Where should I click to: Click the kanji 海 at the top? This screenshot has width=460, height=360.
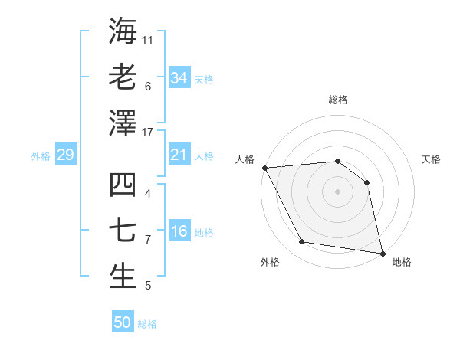pyautogui.click(x=123, y=31)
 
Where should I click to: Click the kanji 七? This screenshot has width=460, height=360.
pyautogui.click(x=123, y=231)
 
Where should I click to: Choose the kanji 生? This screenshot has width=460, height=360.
pyautogui.click(x=123, y=277)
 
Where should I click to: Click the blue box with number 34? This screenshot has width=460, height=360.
pyautogui.click(x=179, y=77)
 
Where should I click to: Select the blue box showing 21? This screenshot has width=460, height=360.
pyautogui.click(x=179, y=155)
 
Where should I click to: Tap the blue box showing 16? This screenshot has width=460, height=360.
pyautogui.click(x=179, y=232)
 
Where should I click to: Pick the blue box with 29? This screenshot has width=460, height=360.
pyautogui.click(x=65, y=155)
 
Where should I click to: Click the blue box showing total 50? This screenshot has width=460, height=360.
pyautogui.click(x=122, y=322)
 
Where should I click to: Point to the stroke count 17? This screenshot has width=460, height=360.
pyautogui.click(x=149, y=133)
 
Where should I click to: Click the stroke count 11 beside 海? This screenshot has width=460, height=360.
pyautogui.click(x=148, y=38)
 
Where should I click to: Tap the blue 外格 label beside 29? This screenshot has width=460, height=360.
pyautogui.click(x=41, y=156)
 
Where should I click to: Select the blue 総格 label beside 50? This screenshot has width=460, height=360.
pyautogui.click(x=147, y=324)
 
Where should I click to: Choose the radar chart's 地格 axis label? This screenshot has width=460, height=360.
pyautogui.click(x=402, y=262)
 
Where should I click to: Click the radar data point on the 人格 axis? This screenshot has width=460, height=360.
pyautogui.click(x=264, y=168)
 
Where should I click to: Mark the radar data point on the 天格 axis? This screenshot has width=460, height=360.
pyautogui.click(x=366, y=182)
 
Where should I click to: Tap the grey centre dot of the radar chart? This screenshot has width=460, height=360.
pyautogui.click(x=337, y=191)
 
